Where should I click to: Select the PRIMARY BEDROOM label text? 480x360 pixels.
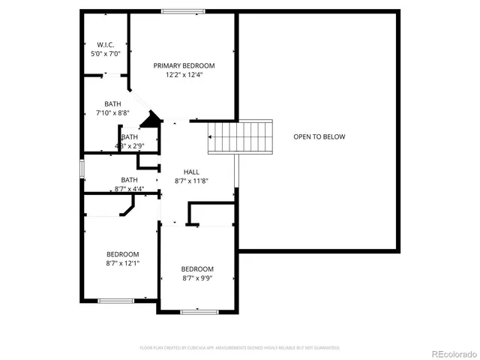coord(184,65)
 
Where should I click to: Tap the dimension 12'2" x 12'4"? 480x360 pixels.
coord(184,74)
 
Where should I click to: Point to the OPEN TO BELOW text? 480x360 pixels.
coord(319,136)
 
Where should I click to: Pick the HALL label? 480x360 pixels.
coord(191,172)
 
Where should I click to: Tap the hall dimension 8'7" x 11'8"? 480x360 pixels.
coord(191,181)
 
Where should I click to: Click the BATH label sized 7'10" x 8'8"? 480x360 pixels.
coord(112,103)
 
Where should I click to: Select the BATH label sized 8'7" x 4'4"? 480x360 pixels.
coord(129,179)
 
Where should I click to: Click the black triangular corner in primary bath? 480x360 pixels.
coord(153,120)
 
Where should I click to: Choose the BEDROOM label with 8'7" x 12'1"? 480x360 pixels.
coord(122,253)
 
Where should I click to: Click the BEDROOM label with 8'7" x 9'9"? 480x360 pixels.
coord(197,269)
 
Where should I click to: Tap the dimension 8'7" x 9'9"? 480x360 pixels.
coord(197,278)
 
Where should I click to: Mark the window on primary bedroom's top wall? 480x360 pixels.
coord(184,11)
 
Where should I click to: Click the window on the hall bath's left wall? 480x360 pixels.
coord(82,169)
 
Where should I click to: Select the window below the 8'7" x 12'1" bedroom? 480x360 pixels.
coord(115,301)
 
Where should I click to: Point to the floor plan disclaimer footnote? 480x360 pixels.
coord(240,348)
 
